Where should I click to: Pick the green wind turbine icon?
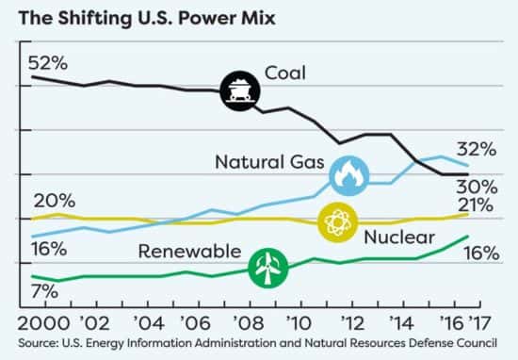pyautogui.click(x=267, y=267)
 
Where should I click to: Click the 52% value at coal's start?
pyautogui.click(x=48, y=63)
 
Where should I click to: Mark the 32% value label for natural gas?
pyautogui.click(x=476, y=149)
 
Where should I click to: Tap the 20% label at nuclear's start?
pyautogui.click(x=53, y=200)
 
